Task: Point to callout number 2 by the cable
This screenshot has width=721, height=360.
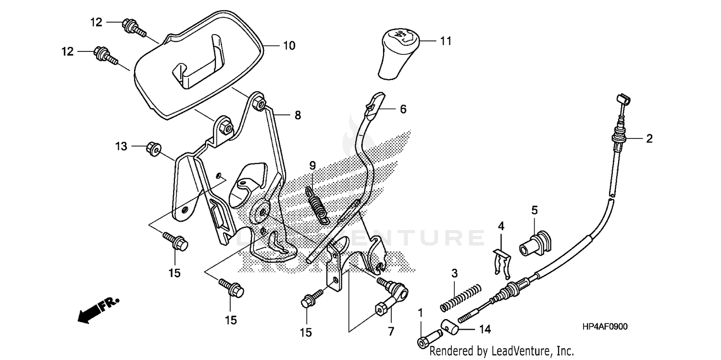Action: pyautogui.click(x=649, y=139)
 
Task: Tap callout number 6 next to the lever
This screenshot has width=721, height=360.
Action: pyautogui.click(x=403, y=109)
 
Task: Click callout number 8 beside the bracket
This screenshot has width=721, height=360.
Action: pyautogui.click(x=298, y=115)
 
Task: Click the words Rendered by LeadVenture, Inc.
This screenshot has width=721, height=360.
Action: pyautogui.click(x=501, y=350)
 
